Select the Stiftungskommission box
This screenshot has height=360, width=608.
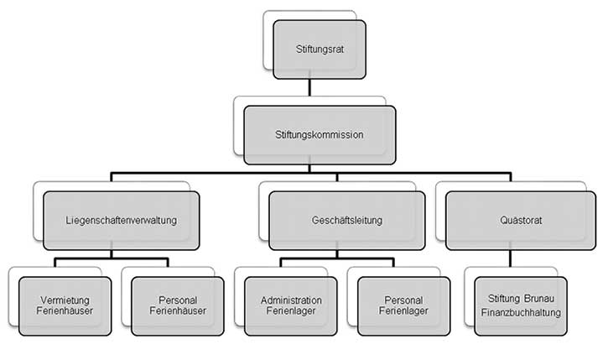point(319,134)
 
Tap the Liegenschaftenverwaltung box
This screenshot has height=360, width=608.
point(121,221)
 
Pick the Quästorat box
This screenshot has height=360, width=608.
point(515,221)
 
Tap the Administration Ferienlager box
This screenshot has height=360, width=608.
point(291,305)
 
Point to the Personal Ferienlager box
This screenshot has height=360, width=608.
point(405,305)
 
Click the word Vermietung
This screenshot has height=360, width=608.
point(65,300)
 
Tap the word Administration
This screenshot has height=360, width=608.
point(291,300)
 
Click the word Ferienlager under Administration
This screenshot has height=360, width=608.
point(291,312)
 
